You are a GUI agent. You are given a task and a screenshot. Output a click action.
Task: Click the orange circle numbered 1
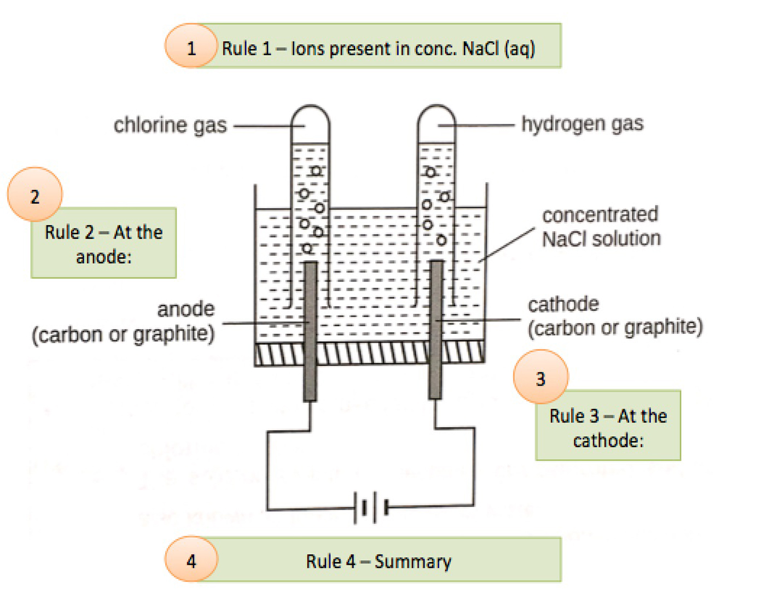tap(191, 46)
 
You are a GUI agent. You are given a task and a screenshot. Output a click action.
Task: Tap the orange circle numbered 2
tap(35, 195)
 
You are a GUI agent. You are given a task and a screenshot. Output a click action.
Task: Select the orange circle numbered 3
tap(541, 377)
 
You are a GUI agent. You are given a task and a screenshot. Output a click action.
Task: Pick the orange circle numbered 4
tap(191, 560)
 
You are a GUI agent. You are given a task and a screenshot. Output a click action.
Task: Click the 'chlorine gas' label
tap(170, 125)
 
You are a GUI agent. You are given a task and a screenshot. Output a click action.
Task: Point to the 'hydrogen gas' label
tap(582, 124)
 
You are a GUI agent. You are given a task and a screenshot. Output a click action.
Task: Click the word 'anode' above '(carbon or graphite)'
tap(186, 309)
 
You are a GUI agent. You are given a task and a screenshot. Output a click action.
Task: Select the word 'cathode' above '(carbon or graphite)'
tap(563, 304)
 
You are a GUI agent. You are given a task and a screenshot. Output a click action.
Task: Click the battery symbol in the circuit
tap(373, 508)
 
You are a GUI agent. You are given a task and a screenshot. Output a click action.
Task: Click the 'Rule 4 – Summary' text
tap(379, 561)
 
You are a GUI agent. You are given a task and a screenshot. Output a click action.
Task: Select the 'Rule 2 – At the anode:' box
tap(103, 244)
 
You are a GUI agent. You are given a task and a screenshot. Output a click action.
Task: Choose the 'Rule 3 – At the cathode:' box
tap(608, 426)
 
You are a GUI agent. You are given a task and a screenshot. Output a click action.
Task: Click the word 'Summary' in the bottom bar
tap(413, 561)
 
